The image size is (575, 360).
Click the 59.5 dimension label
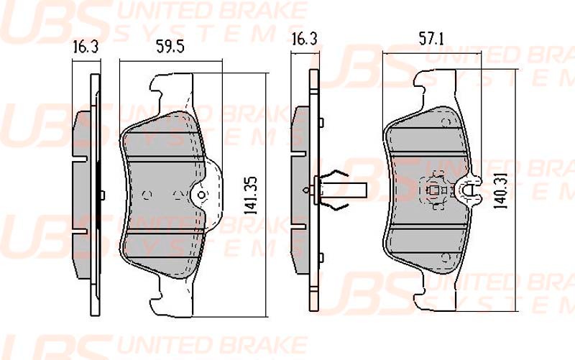tap(170, 47)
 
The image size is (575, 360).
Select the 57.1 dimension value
tap(431, 39)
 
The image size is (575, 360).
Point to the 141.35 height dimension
tap(251, 195)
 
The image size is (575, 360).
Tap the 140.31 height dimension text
tap(500, 191)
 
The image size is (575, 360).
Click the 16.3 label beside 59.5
tap(86, 47)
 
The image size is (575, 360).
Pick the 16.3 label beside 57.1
tap(304, 39)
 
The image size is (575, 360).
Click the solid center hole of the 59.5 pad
tap(201, 195)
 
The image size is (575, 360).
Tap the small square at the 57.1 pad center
tap(433, 190)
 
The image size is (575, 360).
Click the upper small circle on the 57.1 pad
tap(446, 122)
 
